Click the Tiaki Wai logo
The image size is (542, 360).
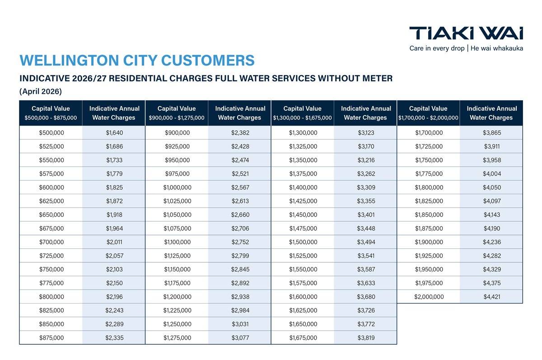(x=466, y=33)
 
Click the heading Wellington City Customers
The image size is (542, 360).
(x=137, y=61)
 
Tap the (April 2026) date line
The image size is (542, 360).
(x=41, y=91)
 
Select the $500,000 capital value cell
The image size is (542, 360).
(x=51, y=133)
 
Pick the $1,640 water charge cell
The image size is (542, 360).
(x=114, y=133)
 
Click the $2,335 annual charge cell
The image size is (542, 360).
(x=114, y=337)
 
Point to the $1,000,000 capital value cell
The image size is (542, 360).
(x=177, y=187)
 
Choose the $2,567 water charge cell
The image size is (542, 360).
(x=240, y=187)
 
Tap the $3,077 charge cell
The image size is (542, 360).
(x=240, y=337)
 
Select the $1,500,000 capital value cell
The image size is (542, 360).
(x=303, y=242)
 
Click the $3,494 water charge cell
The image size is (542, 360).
(x=366, y=242)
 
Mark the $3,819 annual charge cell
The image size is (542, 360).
(x=366, y=337)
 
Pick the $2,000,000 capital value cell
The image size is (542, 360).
(x=429, y=297)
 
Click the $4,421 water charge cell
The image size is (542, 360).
(x=492, y=297)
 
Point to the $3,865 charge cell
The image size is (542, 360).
(x=492, y=133)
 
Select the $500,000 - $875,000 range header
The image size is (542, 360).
(x=51, y=118)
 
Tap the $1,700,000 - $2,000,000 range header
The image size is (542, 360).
(x=428, y=118)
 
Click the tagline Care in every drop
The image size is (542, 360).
(x=437, y=48)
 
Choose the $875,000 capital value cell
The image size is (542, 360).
(x=51, y=337)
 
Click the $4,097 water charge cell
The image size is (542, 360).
(x=492, y=201)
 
